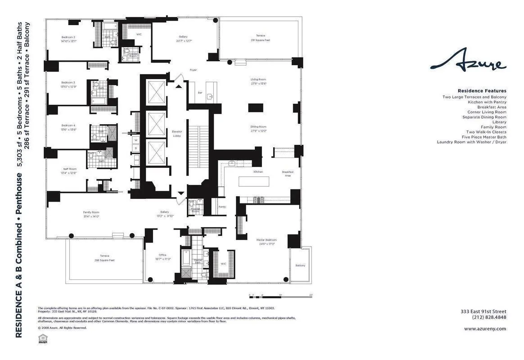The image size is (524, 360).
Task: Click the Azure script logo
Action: pos(468,62)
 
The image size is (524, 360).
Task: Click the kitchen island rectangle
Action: pos(253,181)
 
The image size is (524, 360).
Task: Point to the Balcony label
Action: pos(300,265)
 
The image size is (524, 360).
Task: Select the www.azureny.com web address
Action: pos(485,328)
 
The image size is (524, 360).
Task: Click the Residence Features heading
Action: pos(482,91)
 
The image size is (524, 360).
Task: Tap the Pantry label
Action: pos(222,207)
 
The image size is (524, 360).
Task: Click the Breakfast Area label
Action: pos(287,174)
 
